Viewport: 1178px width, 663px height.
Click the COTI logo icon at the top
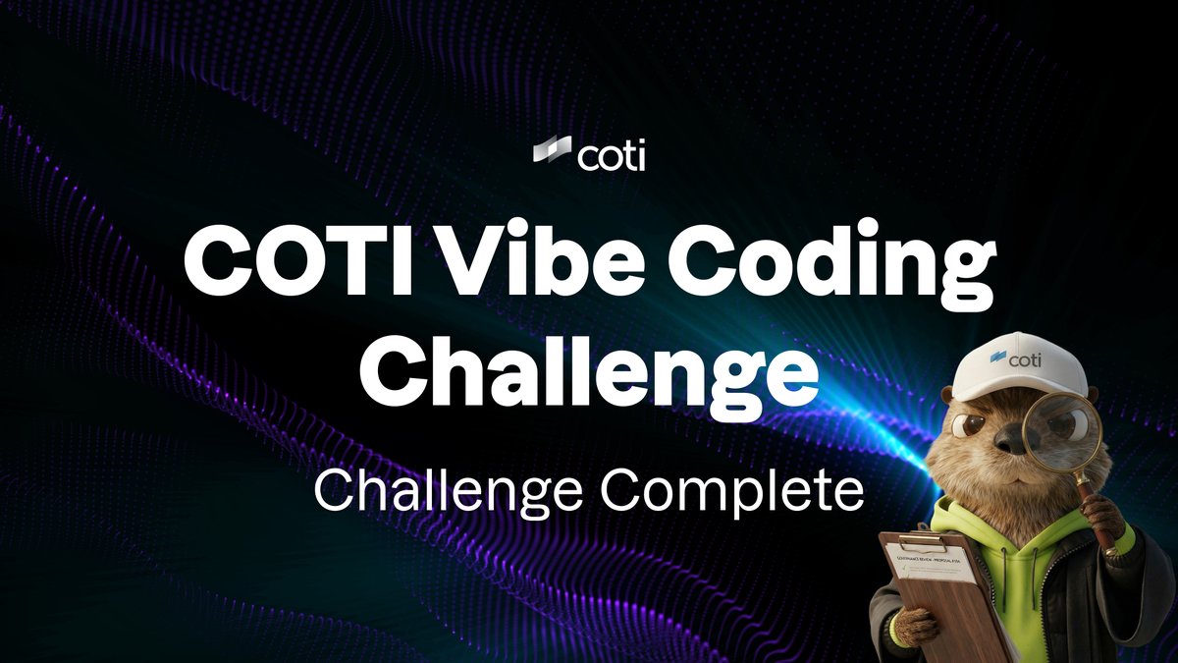click(553, 153)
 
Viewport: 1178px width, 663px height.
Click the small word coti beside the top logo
click(611, 155)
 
